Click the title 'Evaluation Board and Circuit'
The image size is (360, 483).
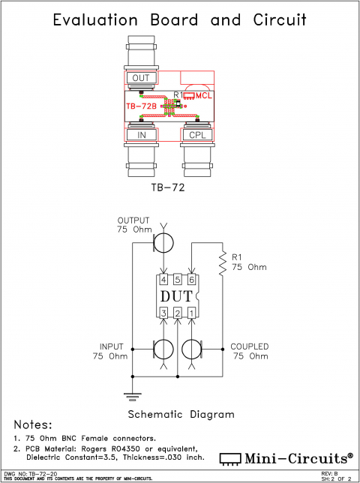tap(180, 20)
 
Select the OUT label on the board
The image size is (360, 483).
tap(141, 78)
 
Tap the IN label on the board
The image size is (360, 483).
tap(141, 134)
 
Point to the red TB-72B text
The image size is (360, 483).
tap(141, 107)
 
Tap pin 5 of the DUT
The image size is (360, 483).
tap(178, 280)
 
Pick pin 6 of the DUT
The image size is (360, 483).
tap(191, 280)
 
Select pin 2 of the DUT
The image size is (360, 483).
tap(178, 312)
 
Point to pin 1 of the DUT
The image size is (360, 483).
tap(191, 312)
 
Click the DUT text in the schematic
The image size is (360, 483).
tap(177, 295)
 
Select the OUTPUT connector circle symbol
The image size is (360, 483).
tap(163, 241)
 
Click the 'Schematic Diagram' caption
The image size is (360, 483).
tap(180, 414)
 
